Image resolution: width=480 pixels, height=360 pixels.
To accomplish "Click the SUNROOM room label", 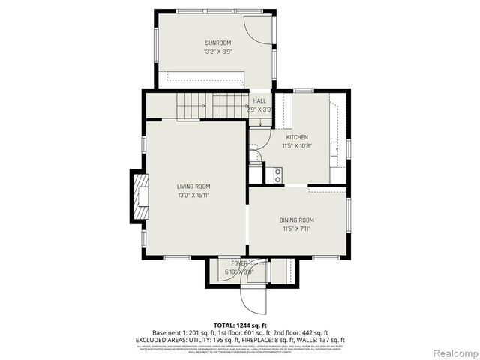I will (217, 43).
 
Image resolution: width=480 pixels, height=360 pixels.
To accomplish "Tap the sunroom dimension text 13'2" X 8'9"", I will (217, 52).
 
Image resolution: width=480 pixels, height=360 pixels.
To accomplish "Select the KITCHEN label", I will (297, 138).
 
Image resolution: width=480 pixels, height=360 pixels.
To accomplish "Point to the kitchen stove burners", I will (277, 175).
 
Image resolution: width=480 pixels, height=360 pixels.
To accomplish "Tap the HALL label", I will (259, 100).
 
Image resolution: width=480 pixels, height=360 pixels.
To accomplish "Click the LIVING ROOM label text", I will (193, 187).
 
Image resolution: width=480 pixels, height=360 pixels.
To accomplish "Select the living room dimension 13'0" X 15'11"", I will (193, 196).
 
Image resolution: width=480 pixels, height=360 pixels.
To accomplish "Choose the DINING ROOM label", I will (297, 220).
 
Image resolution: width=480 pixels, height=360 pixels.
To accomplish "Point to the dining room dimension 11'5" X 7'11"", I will (297, 229).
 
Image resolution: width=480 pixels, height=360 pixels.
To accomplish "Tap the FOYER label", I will (239, 263).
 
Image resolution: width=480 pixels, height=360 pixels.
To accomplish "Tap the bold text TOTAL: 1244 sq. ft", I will (240, 324).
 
